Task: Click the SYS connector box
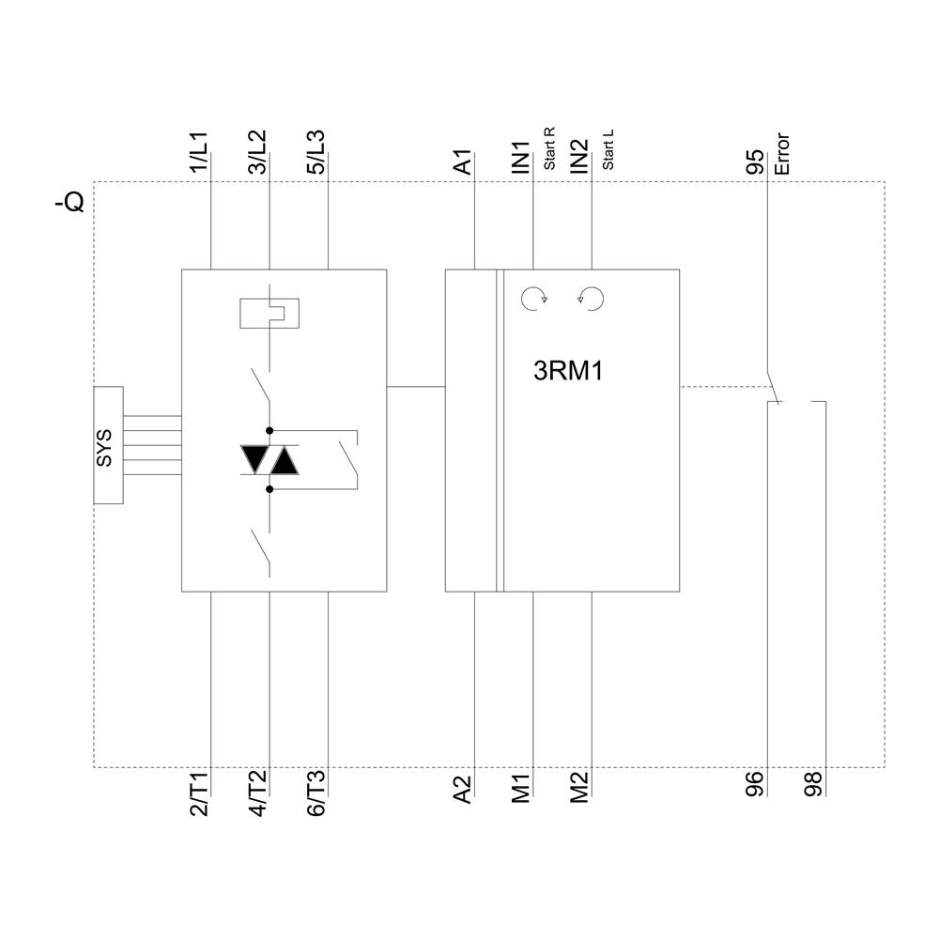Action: pyautogui.click(x=108, y=445)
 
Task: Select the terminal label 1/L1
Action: pyautogui.click(x=198, y=151)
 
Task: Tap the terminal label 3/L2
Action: pyautogui.click(x=256, y=151)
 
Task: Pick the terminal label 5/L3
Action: pyautogui.click(x=315, y=151)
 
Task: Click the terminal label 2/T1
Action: pyautogui.click(x=198, y=794)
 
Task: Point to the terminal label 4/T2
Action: pyautogui.click(x=256, y=794)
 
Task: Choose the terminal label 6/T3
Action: pyautogui.click(x=315, y=794)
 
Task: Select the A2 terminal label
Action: pyautogui.click(x=462, y=788)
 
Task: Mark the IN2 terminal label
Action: pyautogui.click(x=578, y=156)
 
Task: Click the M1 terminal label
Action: pyautogui.click(x=520, y=787)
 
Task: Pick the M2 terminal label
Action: pyautogui.click(x=578, y=787)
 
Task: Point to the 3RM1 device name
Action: pyautogui.click(x=567, y=372)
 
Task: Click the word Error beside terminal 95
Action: pyautogui.click(x=782, y=155)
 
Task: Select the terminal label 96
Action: pyautogui.click(x=755, y=785)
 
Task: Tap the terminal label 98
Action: pyautogui.click(x=813, y=785)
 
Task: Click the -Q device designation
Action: pyautogui.click(x=71, y=200)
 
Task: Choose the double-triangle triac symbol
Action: pyautogui.click(x=269, y=459)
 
